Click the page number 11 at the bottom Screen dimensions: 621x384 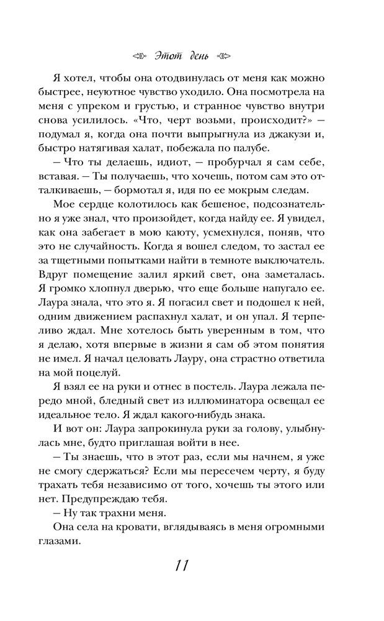click(x=181, y=566)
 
